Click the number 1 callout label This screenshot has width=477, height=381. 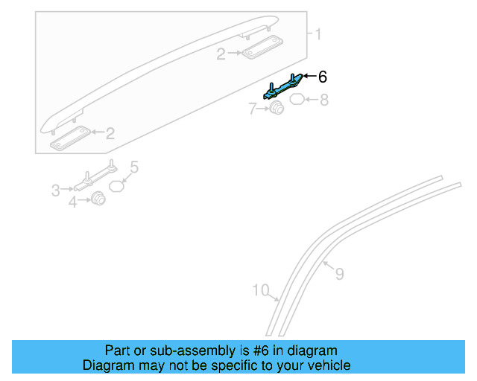click(x=318, y=34)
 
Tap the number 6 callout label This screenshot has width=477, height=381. click(x=322, y=77)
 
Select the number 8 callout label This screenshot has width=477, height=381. click(x=323, y=99)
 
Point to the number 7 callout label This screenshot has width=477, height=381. click(x=253, y=109)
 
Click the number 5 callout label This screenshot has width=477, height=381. click(x=134, y=167)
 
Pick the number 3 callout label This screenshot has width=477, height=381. click(x=55, y=191)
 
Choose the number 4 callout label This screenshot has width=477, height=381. click(x=73, y=201)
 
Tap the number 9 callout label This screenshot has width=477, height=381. click(x=339, y=275)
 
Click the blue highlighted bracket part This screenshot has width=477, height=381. click(x=283, y=87)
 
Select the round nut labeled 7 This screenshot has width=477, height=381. click(x=276, y=110)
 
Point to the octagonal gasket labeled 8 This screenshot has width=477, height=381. click(x=296, y=99)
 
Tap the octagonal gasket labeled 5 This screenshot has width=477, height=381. click(x=117, y=185)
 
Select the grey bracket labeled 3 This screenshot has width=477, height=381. click(x=93, y=179)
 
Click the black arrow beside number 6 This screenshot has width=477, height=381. click(x=309, y=77)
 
